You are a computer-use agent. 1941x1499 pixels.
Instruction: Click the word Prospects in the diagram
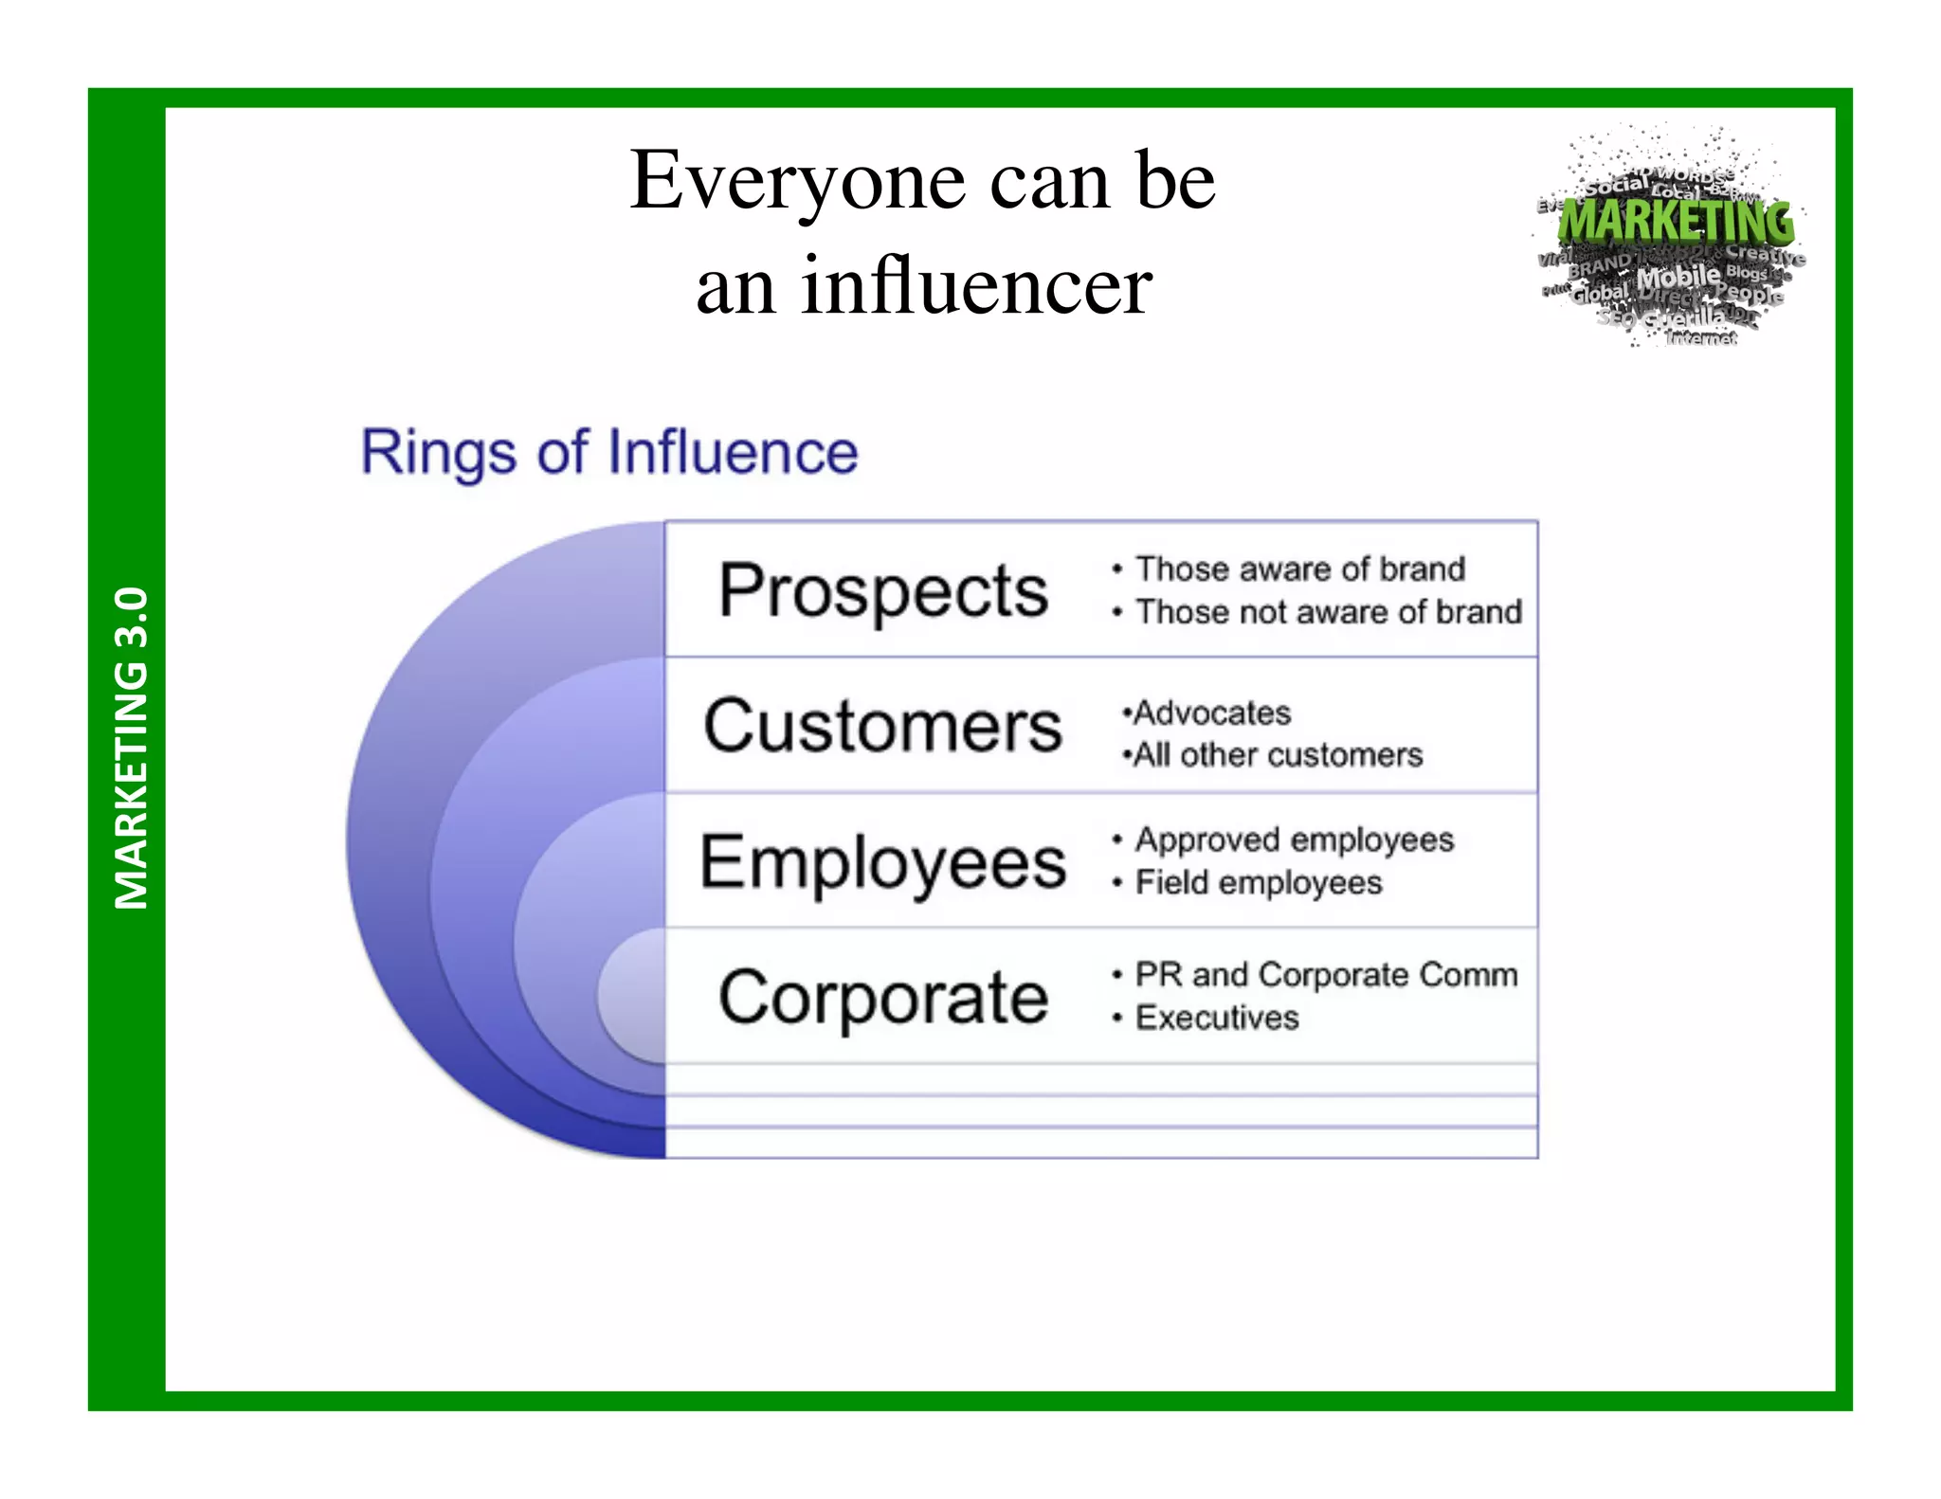(x=882, y=590)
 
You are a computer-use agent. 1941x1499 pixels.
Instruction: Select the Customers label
(x=882, y=726)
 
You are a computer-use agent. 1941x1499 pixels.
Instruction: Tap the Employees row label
(x=882, y=862)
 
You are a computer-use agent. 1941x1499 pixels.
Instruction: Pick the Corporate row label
(x=882, y=997)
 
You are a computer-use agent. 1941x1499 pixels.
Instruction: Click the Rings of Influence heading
(x=609, y=452)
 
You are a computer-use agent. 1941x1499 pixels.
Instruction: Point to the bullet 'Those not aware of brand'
(x=1327, y=612)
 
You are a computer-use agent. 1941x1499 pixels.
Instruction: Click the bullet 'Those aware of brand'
(x=1299, y=569)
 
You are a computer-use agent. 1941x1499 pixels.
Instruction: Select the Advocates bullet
(x=1211, y=713)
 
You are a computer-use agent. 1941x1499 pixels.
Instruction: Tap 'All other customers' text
(x=1277, y=755)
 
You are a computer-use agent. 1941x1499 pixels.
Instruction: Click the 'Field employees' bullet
(x=1258, y=883)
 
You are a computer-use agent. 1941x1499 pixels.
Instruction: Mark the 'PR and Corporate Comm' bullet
(x=1325, y=974)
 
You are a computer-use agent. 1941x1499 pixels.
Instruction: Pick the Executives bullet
(x=1216, y=1018)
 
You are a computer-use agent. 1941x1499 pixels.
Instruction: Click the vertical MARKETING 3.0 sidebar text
(x=131, y=748)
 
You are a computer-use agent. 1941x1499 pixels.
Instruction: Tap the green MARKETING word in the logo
(x=1676, y=222)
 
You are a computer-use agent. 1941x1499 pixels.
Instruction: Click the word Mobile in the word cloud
(x=1678, y=278)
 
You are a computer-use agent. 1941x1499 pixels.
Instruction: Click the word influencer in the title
(x=976, y=286)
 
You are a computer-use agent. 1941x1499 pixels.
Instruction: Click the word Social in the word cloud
(x=1617, y=185)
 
